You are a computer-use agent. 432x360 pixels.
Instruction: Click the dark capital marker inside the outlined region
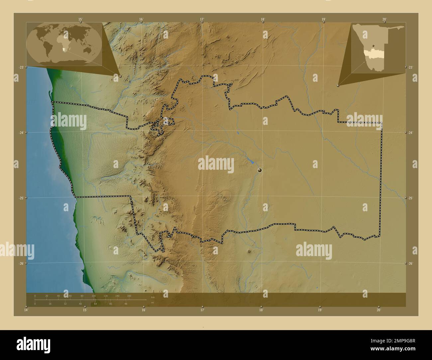click(260, 170)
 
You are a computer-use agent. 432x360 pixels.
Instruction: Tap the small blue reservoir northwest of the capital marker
click(252, 162)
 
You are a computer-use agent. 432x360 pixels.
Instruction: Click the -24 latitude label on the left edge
click(21, 133)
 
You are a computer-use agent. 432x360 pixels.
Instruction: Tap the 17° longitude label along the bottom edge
click(202, 310)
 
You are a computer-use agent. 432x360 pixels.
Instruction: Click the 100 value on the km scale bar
click(94, 296)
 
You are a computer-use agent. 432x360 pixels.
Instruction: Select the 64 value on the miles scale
click(95, 304)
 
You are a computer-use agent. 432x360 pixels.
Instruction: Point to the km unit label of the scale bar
click(153, 297)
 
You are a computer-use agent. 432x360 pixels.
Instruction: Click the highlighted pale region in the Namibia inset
click(374, 53)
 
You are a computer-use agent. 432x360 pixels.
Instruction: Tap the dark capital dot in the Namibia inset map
click(374, 46)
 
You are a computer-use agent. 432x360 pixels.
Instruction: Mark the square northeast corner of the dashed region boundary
click(382, 123)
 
